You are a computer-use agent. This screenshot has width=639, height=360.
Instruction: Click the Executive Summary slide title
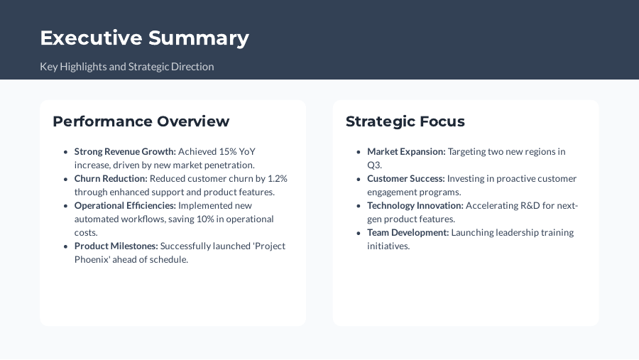[144, 38]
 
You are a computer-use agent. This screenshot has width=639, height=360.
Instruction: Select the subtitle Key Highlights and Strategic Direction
[126, 67]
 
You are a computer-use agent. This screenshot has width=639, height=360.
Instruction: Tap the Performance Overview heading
[141, 121]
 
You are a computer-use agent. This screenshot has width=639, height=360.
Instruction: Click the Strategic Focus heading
[405, 121]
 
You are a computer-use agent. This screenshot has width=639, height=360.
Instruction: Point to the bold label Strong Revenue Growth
[125, 151]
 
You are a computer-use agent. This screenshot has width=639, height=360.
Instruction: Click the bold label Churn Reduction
[111, 178]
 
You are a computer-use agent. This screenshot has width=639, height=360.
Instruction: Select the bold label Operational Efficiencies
[125, 205]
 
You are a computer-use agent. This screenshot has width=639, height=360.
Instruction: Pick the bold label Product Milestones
[116, 246]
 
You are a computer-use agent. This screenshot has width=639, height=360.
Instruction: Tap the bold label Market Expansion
[406, 151]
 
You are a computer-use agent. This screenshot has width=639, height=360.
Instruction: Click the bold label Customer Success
[405, 178]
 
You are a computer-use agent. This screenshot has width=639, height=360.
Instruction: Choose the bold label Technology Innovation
[415, 205]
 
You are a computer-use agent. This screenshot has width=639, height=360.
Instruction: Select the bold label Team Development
[408, 232]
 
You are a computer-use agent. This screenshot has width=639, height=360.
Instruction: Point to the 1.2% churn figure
[277, 178]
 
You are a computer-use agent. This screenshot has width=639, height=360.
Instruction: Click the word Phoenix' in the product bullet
[92, 259]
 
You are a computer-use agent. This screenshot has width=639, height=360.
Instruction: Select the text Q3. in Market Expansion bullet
[374, 165]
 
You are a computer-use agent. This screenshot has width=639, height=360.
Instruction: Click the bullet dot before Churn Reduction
[66, 179]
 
